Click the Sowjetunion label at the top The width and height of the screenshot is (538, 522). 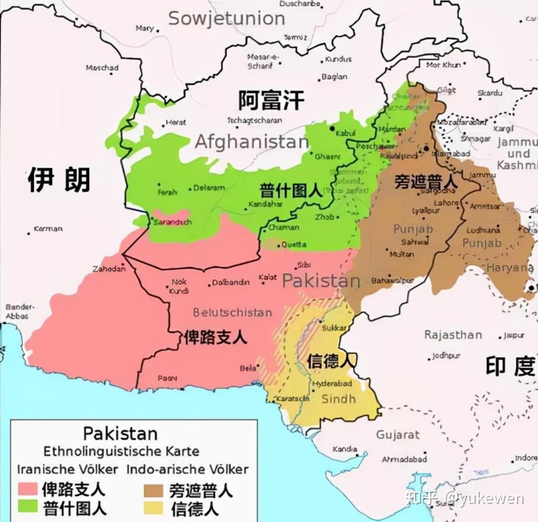(x=227, y=19)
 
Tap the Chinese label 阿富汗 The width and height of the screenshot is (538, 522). (x=271, y=100)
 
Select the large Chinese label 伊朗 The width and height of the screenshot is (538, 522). (x=59, y=179)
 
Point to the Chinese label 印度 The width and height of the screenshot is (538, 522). (x=510, y=367)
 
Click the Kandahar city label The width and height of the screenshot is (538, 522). (x=265, y=204)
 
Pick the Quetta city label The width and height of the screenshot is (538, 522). (x=293, y=244)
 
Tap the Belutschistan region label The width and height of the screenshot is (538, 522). (x=232, y=313)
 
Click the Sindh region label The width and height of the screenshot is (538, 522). (x=338, y=399)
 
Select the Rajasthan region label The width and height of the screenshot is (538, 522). (x=453, y=335)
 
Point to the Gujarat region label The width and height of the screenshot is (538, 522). (x=398, y=435)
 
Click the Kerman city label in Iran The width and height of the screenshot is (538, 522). (x=48, y=229)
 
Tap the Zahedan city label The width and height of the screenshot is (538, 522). (x=109, y=269)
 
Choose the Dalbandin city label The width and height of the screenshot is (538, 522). (x=230, y=283)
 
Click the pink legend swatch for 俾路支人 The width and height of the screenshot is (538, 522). (x=28, y=489)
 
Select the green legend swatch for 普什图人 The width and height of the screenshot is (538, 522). (x=28, y=507)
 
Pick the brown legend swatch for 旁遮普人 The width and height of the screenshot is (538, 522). (x=153, y=490)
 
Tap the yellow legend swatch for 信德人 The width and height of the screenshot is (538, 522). (x=153, y=508)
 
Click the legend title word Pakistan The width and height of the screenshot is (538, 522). (x=120, y=433)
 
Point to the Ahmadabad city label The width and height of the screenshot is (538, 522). (x=404, y=459)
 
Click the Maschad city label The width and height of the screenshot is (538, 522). (x=102, y=67)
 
